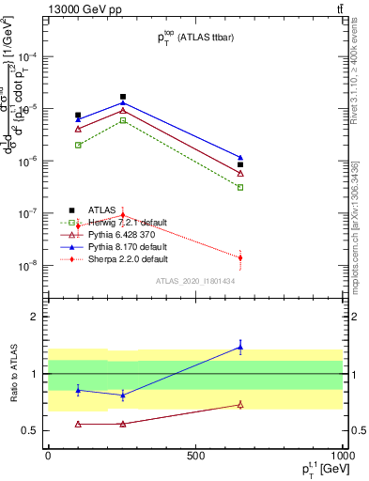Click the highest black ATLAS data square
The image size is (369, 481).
[x=123, y=97]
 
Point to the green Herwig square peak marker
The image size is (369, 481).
[x=123, y=120]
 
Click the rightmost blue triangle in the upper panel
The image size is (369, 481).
[x=240, y=158]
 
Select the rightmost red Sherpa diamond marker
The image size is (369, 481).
[x=240, y=257]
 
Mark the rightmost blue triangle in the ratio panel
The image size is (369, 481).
[x=240, y=348]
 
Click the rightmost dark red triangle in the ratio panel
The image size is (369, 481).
[x=240, y=405]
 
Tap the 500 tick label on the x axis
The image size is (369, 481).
[x=195, y=454]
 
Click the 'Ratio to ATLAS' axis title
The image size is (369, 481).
[x=13, y=373]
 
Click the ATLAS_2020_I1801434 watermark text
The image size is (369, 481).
[x=193, y=281]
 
